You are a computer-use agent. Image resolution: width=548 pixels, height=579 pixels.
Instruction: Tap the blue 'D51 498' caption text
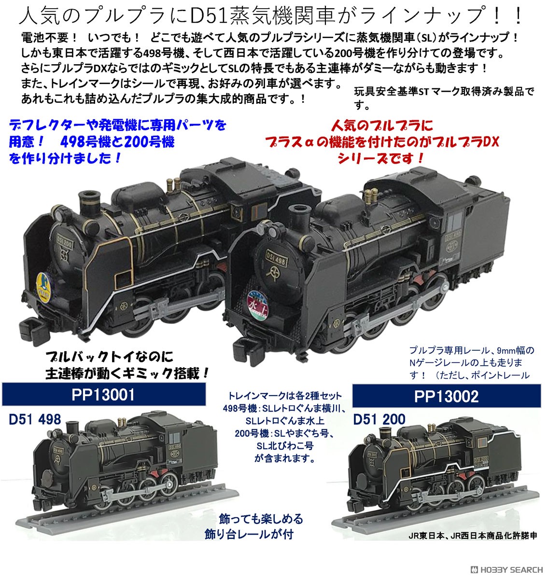click(34, 419)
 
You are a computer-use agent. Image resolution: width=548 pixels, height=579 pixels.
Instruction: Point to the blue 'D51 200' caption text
click(379, 419)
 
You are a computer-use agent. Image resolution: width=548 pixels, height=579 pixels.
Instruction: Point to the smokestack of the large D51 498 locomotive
click(297, 215)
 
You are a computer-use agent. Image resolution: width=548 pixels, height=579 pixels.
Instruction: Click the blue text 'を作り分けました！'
click(65, 158)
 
